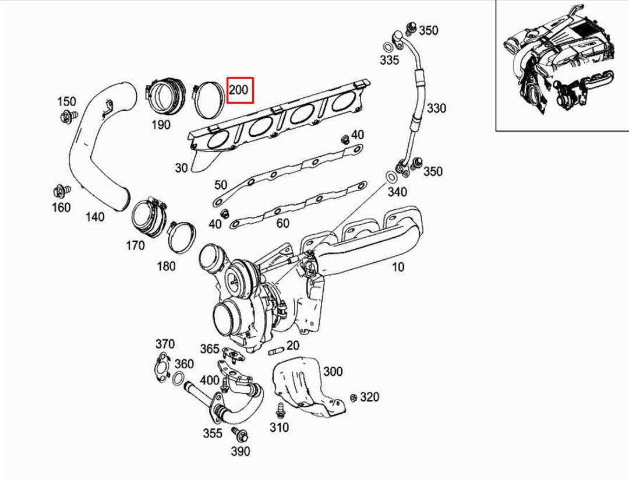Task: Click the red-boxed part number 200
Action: coord(239,90)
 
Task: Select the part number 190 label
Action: coord(161,124)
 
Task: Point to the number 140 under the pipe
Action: coord(94,217)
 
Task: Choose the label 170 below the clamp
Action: coord(135,245)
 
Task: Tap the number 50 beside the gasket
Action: coord(221,185)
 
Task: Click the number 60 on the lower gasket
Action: coord(282,223)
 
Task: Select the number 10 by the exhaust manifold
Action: coord(398,267)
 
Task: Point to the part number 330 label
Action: coord(436,108)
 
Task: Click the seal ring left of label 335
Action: coord(387,47)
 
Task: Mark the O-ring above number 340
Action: coord(392,177)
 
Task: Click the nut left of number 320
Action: coord(353,398)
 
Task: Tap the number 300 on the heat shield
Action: coord(333,371)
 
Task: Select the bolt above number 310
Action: coord(279,409)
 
